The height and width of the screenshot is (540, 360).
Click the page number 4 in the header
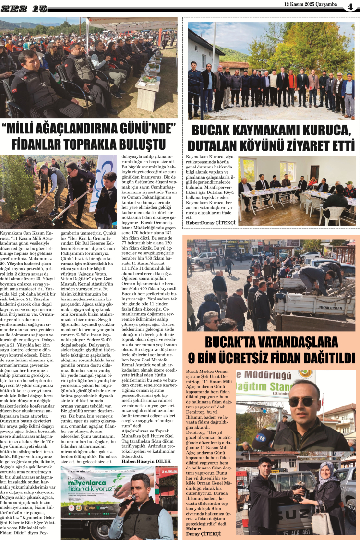tap(351, 7)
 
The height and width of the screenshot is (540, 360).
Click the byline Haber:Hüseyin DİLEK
tap(145, 461)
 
